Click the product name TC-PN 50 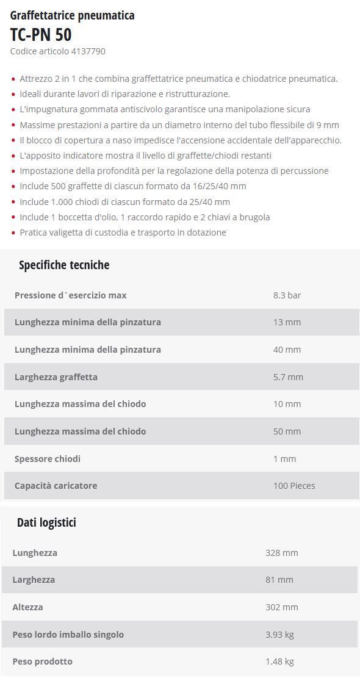click(41, 34)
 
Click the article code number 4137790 click(89, 51)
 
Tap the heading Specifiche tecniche click(64, 265)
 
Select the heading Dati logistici click(46, 522)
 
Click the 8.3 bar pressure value click(287, 295)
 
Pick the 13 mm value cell click(287, 322)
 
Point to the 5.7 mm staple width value click(288, 377)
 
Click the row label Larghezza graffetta click(56, 377)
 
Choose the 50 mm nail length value click(287, 431)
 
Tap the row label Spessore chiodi click(47, 459)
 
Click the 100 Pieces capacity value click(294, 486)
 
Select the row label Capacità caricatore click(56, 486)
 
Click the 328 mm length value click(281, 553)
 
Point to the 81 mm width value click(279, 580)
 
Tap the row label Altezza click(27, 607)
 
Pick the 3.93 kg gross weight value click(279, 635)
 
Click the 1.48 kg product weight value click(279, 662)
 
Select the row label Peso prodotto click(42, 662)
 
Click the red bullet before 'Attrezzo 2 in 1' click(13, 79)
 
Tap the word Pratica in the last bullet click(34, 233)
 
